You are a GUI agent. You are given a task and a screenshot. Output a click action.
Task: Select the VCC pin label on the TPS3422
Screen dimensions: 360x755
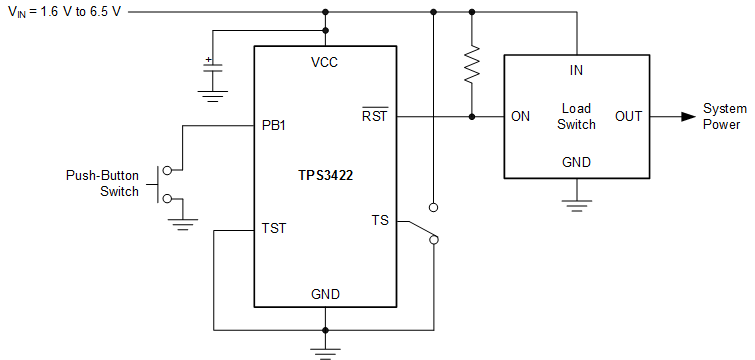(x=324, y=62)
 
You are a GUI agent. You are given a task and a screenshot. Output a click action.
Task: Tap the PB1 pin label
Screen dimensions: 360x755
(x=274, y=127)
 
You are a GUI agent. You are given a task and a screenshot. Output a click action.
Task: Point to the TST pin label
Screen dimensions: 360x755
(x=274, y=228)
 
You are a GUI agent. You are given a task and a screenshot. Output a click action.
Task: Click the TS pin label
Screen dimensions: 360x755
(x=380, y=221)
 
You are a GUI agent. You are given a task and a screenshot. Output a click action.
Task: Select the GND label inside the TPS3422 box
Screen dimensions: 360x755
(x=324, y=294)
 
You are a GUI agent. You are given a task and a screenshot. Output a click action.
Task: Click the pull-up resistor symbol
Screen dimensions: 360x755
(x=472, y=64)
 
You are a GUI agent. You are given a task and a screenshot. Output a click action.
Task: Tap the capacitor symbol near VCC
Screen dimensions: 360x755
(x=211, y=70)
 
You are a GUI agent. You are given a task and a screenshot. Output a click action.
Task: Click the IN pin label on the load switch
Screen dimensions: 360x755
(x=576, y=70)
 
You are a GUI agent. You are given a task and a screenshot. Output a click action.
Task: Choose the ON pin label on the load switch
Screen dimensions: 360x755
(x=520, y=116)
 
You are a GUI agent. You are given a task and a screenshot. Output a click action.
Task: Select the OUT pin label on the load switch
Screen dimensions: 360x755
(x=628, y=116)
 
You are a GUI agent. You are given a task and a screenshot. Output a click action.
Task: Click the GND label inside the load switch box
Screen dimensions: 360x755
(x=576, y=162)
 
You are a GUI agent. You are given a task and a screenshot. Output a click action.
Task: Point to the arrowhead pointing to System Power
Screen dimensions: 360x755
(x=687, y=116)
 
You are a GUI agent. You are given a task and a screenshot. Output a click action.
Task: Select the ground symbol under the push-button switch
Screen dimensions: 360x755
(x=182, y=223)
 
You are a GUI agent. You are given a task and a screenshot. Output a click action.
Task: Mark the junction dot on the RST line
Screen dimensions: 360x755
(x=472, y=116)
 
